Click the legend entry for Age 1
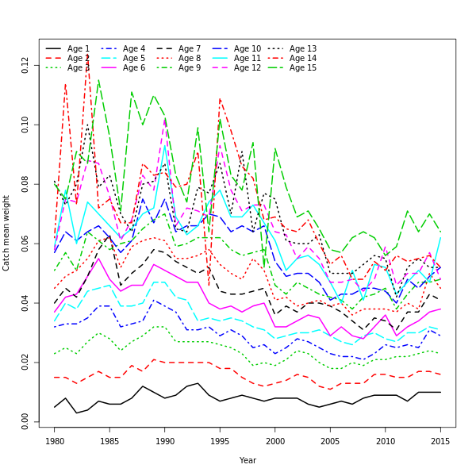pyautogui.click(x=68, y=49)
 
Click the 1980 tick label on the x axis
pyautogui.click(x=55, y=441)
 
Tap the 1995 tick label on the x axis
pyautogui.click(x=220, y=441)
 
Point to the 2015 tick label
pyautogui.click(x=440, y=441)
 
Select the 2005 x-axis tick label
pyautogui.click(x=330, y=441)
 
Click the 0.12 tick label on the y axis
pyautogui.click(x=26, y=65)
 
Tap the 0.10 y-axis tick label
pyautogui.click(x=26, y=125)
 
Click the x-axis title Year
pyautogui.click(x=248, y=460)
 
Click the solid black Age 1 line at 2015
pyautogui.click(x=440, y=392)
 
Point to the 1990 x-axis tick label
pyautogui.click(x=165, y=441)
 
